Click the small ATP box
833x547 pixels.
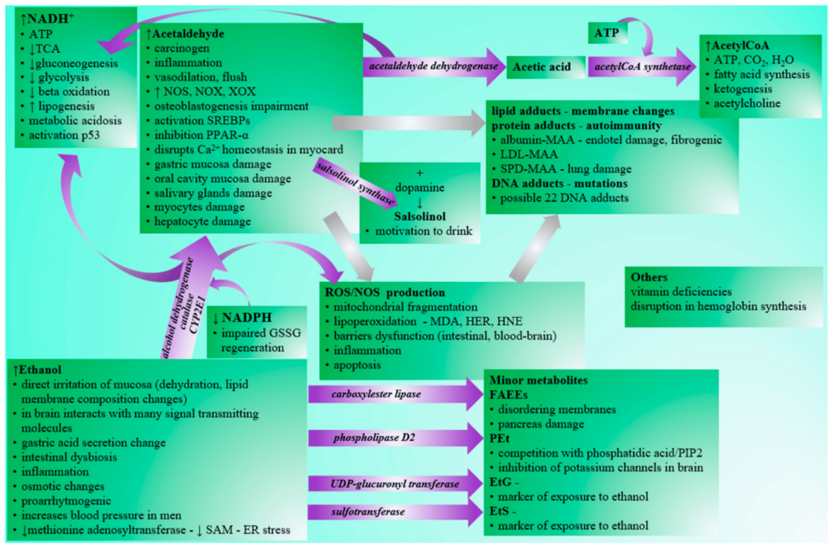click(x=607, y=33)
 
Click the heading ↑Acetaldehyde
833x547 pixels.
click(x=185, y=34)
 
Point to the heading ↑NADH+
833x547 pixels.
click(x=47, y=19)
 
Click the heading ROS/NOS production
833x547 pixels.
click(x=385, y=293)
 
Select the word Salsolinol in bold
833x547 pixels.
click(x=420, y=216)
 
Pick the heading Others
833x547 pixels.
click(x=649, y=277)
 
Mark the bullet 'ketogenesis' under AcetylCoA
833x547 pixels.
click(x=743, y=89)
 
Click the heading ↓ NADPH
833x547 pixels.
click(x=242, y=318)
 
